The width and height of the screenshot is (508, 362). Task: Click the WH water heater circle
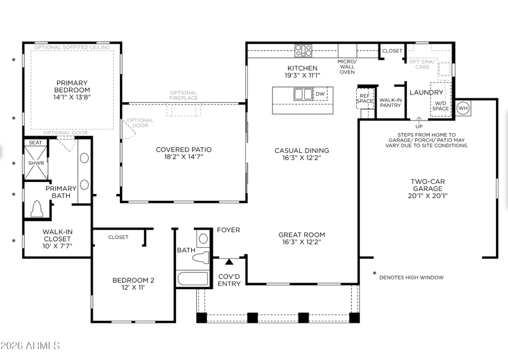[463, 108]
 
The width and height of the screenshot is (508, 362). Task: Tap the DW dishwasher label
[320, 94]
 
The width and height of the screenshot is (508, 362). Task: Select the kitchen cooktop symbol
[304, 51]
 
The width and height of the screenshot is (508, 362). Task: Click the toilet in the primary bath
[37, 209]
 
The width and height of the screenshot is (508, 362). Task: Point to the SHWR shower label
[36, 163]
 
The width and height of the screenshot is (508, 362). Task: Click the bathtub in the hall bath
[192, 278]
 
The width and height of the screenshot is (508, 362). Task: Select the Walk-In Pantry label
[391, 103]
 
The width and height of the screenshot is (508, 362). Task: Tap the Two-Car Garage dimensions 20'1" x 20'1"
[427, 196]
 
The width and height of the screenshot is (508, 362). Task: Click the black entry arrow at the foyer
[229, 262]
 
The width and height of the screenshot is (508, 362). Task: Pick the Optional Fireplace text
[184, 96]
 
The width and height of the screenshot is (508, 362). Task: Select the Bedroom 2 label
[133, 280]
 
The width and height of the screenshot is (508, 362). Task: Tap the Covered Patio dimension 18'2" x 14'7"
[184, 157]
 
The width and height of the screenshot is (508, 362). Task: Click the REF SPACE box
[364, 99]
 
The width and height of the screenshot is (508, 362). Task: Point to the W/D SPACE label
[440, 106]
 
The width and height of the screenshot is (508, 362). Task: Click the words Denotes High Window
[411, 277]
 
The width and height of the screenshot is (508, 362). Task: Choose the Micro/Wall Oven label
[347, 67]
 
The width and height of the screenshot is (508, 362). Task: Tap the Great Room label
[302, 235]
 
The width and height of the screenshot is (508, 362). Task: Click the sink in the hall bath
[203, 239]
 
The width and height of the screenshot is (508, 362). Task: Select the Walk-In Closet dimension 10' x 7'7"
[57, 246]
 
